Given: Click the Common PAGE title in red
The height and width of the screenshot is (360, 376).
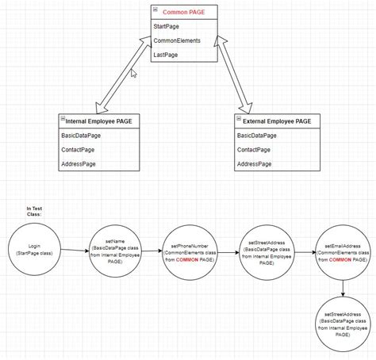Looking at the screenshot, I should click(183, 13).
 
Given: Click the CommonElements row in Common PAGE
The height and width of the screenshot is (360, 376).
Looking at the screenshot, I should click(177, 40).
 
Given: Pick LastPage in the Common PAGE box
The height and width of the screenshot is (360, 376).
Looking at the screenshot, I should click(166, 55).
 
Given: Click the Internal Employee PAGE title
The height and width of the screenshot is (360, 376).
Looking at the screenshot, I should click(98, 121).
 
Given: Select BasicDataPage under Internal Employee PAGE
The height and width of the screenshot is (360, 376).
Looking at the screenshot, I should click(81, 136).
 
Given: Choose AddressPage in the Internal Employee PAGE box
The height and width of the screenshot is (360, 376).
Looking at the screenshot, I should click(78, 163).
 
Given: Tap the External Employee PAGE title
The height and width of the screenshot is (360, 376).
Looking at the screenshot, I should click(274, 121).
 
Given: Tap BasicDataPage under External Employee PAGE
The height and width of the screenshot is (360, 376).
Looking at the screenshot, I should click(257, 136).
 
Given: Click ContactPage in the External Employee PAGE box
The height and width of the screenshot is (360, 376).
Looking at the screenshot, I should click(254, 150).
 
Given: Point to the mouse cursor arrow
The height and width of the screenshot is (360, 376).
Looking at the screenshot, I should click(133, 72).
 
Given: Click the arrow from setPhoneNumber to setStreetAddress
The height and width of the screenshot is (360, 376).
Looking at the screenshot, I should click(228, 253).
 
